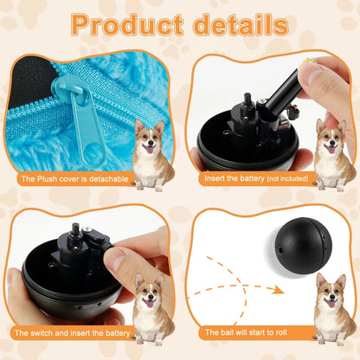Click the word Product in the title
pyautogui.click(x=127, y=24)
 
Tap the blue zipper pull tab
pyautogui.click(x=87, y=124)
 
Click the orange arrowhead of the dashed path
pyautogui.click(x=278, y=289)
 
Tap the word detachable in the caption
pyautogui.click(x=109, y=179)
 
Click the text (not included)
pyautogui.click(x=287, y=179)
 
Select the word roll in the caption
pyautogui.click(x=280, y=332)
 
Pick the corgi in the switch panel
pyautogui.click(x=152, y=309)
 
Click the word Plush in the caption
pyautogui.click(x=48, y=179)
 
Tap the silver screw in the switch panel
pyautogui.click(x=87, y=230)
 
